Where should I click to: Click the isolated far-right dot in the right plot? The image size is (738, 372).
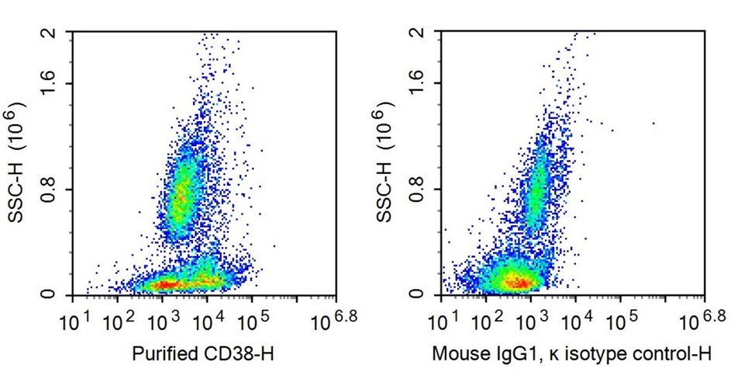(x=654, y=123)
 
